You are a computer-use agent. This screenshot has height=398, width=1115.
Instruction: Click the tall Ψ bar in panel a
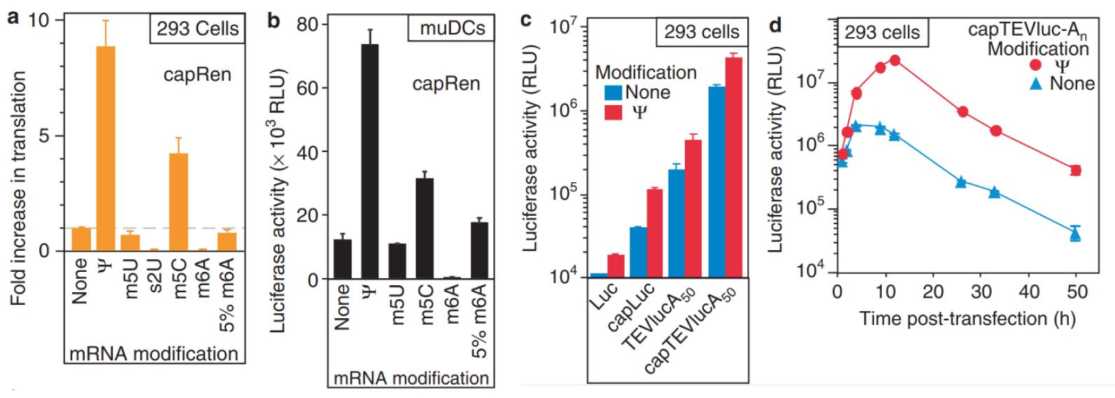[x=106, y=148]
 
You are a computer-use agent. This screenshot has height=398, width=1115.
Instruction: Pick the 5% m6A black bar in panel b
[x=479, y=250]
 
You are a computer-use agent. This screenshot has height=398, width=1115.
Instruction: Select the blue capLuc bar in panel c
[x=638, y=252]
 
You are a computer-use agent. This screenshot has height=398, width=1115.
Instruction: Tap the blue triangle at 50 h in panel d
[x=1076, y=234]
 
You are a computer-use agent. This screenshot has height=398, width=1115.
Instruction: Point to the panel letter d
[x=776, y=27]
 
